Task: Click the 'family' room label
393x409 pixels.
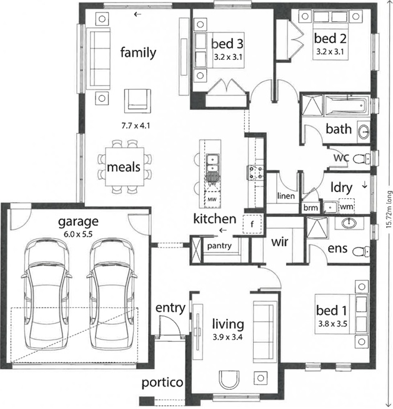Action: pos(138,52)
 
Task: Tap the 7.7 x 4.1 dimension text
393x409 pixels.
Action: pos(136,126)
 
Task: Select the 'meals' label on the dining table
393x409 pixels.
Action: pos(124,167)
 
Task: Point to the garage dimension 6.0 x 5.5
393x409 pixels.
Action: pos(78,234)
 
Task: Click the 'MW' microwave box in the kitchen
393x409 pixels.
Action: pos(212,200)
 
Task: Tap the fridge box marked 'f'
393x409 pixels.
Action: pos(252,224)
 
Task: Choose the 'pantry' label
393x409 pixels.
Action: pos(219,246)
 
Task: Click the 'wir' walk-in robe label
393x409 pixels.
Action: pos(279,242)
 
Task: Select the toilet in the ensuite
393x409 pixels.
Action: pos(361,251)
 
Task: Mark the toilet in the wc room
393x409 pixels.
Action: pos(362,158)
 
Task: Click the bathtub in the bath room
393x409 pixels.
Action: pos(347,105)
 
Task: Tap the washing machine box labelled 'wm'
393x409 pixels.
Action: pos(347,206)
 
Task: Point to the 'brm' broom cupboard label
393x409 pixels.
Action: pos(311,208)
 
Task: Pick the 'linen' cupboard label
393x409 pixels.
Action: pos(286,196)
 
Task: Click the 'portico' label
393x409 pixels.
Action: pos(162,383)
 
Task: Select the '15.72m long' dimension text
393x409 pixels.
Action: pos(389,209)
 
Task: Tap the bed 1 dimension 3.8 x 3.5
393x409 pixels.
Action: pos(332,324)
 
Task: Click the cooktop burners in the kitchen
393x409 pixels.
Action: pos(255,173)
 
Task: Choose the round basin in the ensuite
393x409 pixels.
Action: pos(349,223)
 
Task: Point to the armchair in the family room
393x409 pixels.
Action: pos(137,101)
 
